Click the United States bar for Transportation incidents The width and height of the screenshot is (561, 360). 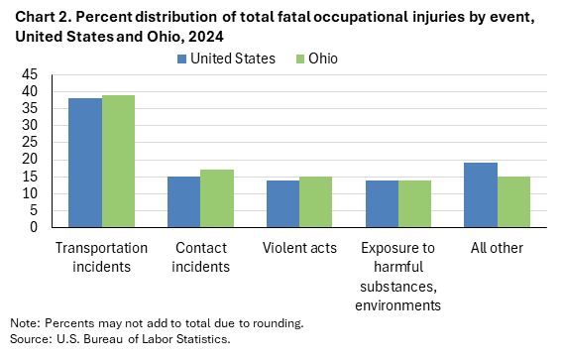click(x=84, y=163)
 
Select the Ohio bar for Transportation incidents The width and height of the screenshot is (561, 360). click(x=118, y=161)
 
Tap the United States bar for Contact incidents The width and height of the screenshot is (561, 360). click(x=183, y=201)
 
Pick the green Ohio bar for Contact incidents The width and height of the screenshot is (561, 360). click(x=217, y=198)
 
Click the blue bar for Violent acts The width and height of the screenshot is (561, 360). click(x=282, y=203)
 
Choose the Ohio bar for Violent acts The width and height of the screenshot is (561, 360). click(x=316, y=201)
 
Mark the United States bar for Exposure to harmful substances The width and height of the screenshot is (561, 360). click(x=382, y=203)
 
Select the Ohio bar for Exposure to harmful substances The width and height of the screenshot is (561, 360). click(x=414, y=203)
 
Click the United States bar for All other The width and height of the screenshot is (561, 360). click(x=481, y=194)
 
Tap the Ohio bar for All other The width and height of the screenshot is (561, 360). click(x=513, y=201)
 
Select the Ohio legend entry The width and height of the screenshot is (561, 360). click(x=314, y=59)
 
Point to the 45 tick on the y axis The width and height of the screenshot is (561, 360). click(x=31, y=74)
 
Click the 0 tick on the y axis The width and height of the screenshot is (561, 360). click(x=35, y=227)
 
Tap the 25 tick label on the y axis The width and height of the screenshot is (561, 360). click(x=31, y=142)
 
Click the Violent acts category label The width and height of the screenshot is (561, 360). click(x=298, y=247)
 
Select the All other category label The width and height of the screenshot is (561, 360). click(x=497, y=247)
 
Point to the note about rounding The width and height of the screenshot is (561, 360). click(x=157, y=323)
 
